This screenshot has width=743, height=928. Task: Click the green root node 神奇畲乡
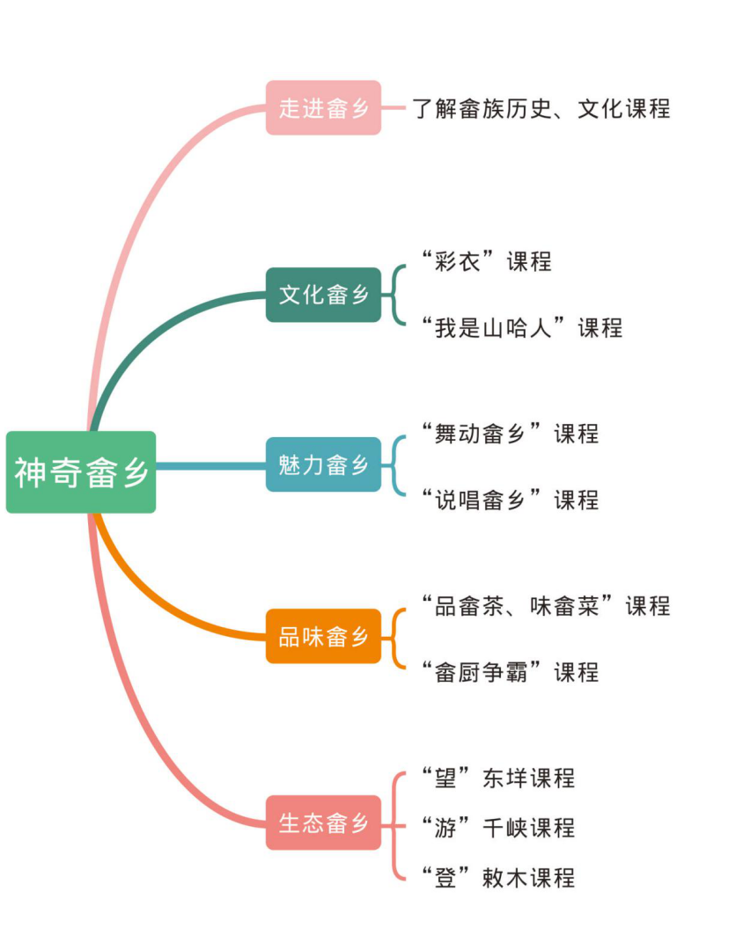[x=81, y=472]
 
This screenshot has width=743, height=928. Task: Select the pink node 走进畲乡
[x=323, y=108]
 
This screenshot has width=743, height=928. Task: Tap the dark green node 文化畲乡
[x=323, y=295]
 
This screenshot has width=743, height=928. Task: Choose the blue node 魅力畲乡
[x=323, y=464]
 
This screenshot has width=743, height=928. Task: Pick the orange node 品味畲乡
[x=323, y=636]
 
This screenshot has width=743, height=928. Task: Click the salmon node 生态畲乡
[x=323, y=823]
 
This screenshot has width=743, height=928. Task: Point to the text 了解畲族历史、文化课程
[x=541, y=108]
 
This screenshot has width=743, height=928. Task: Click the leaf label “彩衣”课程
[x=486, y=261]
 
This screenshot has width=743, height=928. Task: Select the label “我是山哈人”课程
[x=521, y=328]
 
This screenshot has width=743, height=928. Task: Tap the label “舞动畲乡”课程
[x=510, y=433]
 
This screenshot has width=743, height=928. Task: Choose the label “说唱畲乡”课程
[x=510, y=500]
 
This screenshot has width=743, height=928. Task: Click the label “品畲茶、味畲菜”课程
[x=545, y=605]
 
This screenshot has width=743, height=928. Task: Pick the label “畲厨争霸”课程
[x=510, y=672]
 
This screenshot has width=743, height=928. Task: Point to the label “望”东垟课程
[x=497, y=778]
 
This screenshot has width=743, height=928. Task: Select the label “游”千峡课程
[x=497, y=827]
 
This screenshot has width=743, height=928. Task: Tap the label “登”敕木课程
[x=497, y=877]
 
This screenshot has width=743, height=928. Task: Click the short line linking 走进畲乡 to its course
[x=394, y=108]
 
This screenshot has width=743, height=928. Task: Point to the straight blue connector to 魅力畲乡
[x=211, y=465]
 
